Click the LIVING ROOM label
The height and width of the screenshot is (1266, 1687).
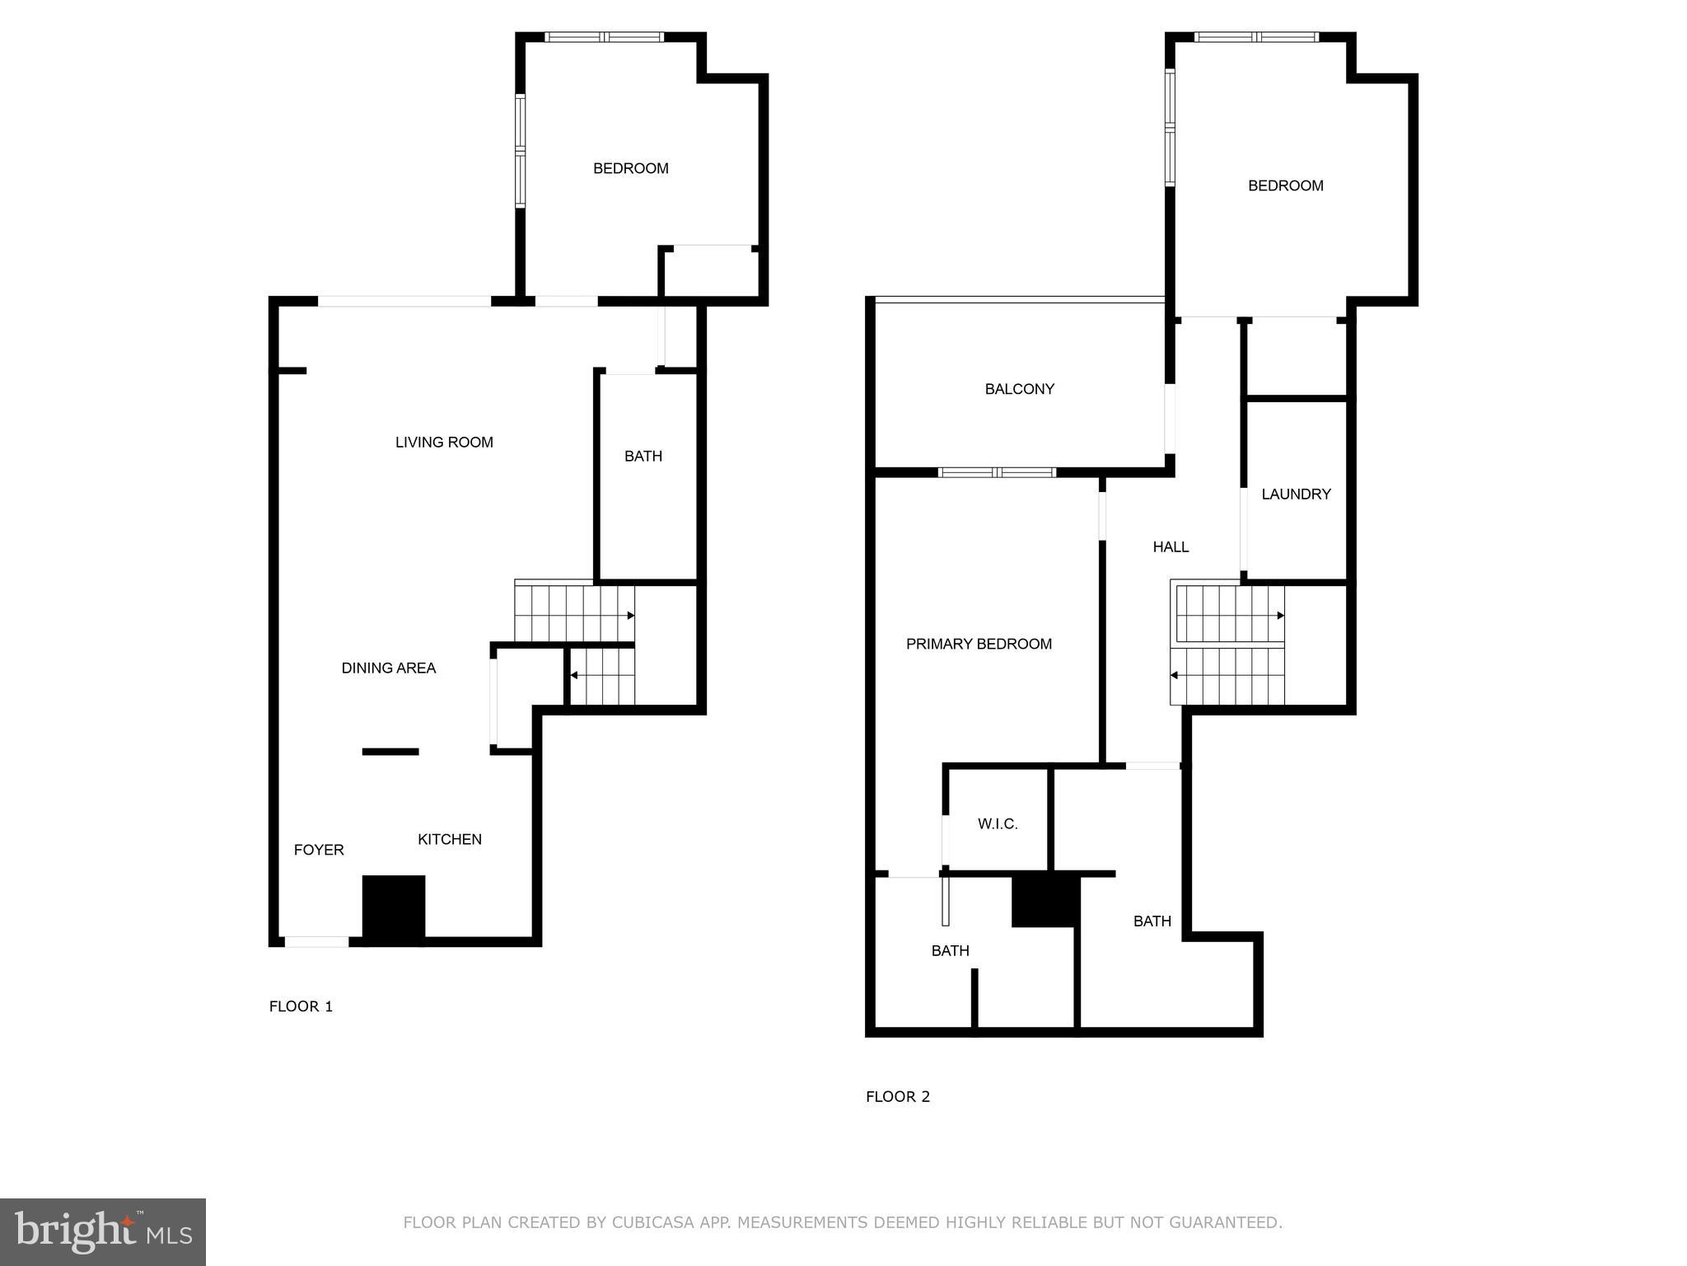point(444,443)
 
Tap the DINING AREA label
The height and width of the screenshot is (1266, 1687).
point(388,668)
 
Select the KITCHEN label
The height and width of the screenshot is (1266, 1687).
point(449,840)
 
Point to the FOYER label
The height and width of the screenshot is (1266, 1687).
point(319,851)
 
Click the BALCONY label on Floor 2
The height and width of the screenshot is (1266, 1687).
point(1019,390)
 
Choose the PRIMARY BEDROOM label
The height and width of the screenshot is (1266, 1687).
point(979,645)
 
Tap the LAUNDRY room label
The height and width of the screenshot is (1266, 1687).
point(1296,495)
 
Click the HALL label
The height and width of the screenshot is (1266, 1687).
point(1171,547)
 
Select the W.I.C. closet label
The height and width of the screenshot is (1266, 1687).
point(998,824)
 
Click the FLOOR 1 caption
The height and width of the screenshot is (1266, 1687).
point(301,1006)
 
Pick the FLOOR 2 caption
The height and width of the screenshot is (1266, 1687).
point(897,1097)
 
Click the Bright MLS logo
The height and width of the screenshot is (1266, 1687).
point(103,1231)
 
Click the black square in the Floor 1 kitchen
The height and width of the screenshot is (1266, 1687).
point(394,908)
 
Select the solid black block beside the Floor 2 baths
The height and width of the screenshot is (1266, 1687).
point(1045,900)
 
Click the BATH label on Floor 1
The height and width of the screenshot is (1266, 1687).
point(643,457)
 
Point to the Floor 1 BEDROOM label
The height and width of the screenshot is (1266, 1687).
point(630,169)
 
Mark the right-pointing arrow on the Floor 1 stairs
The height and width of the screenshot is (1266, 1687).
point(630,616)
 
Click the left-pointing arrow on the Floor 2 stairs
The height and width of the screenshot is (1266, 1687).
point(1175,676)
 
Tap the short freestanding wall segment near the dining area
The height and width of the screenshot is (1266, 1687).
point(390,752)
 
